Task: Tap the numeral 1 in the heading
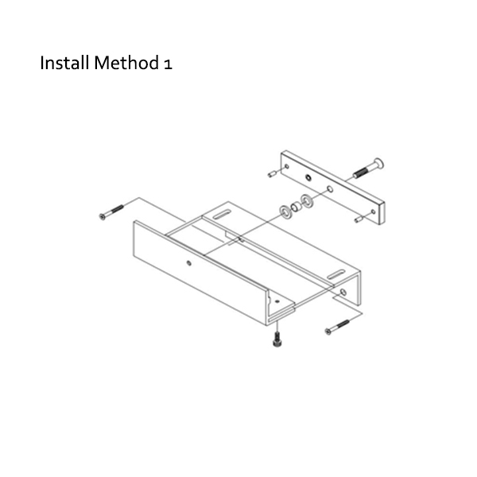167,64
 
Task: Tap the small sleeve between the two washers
297,206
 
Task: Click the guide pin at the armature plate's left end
272,173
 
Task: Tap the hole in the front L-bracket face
188,262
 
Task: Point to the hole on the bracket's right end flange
343,293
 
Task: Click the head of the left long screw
103,215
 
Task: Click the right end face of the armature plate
384,211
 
